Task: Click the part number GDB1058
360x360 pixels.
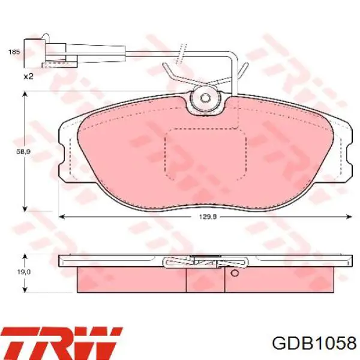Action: click(x=314, y=344)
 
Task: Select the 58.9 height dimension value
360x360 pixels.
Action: click(x=23, y=152)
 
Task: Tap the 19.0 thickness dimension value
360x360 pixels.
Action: click(x=23, y=272)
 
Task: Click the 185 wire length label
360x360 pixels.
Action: click(x=14, y=52)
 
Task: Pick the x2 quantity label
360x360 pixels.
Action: click(x=29, y=76)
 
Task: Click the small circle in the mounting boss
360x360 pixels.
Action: click(x=205, y=98)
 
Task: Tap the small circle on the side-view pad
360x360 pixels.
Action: click(x=235, y=273)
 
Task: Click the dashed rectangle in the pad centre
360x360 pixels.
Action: click(x=205, y=154)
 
